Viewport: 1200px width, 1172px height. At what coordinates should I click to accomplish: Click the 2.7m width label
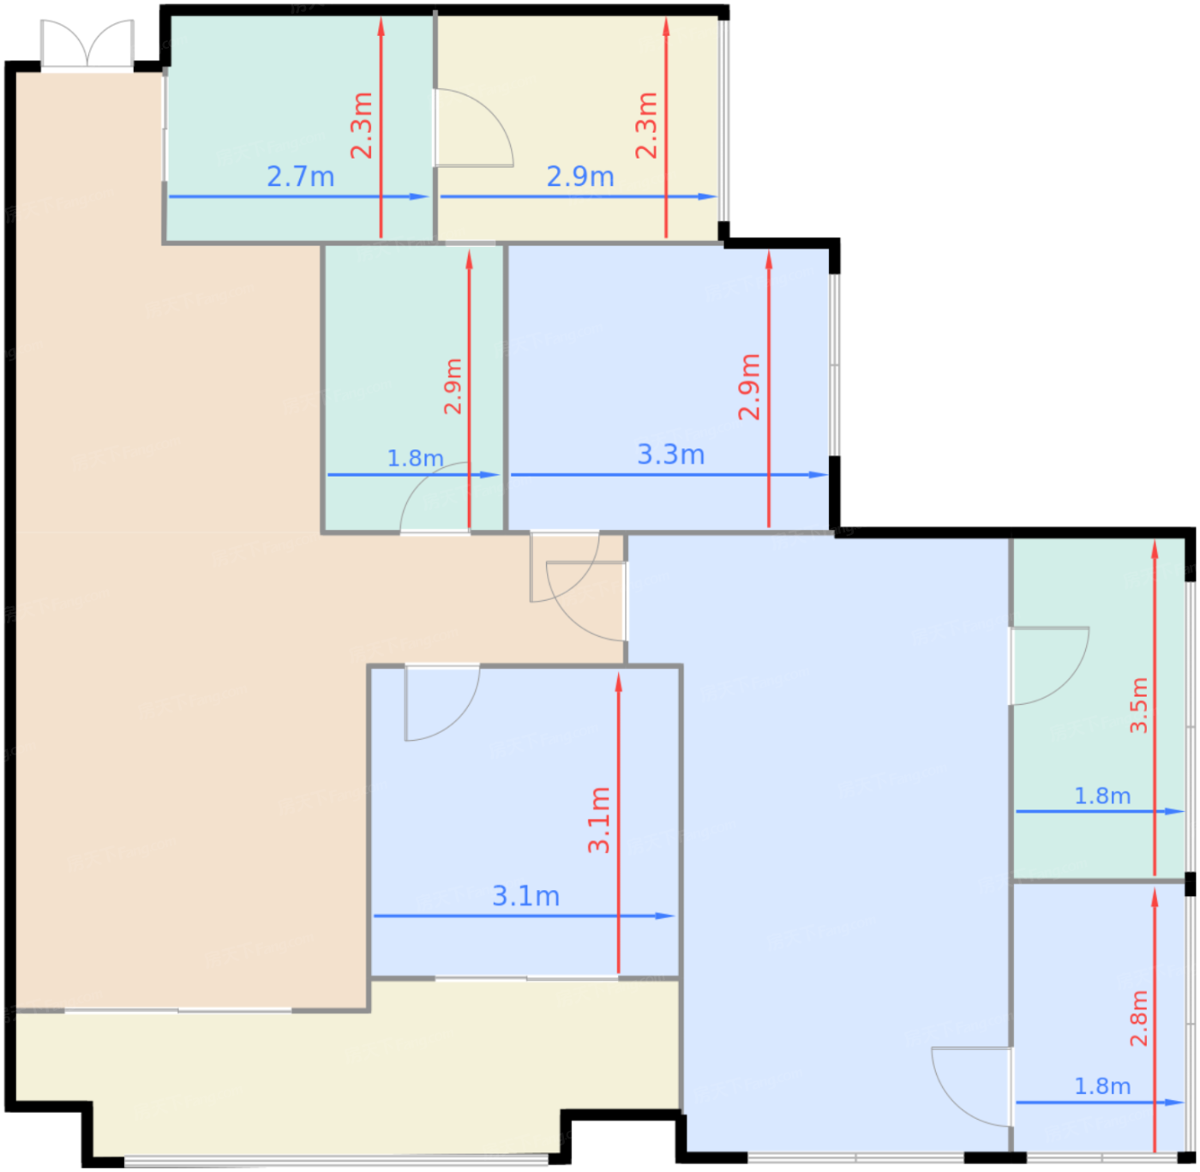pos(300,177)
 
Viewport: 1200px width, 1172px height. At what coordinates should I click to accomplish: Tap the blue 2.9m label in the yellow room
pos(580,177)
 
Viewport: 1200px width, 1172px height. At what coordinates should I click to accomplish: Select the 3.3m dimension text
pos(670,454)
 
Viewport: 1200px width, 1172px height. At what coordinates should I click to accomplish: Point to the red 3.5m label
pos(1138,705)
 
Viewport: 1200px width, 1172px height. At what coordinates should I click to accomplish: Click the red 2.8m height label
pos(1138,1019)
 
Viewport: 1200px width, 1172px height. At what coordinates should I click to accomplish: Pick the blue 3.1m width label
pos(525,896)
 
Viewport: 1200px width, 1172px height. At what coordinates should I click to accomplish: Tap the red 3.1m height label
pos(599,820)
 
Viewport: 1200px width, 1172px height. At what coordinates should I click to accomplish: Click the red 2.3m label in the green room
pos(362,125)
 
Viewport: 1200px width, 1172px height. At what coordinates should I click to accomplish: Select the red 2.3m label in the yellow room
pos(646,125)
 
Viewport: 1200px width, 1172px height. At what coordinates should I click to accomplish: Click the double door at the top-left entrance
pos(87,43)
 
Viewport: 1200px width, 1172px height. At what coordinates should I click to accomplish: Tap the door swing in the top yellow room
pos(474,128)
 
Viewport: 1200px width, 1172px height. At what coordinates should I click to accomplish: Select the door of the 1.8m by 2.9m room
pos(435,497)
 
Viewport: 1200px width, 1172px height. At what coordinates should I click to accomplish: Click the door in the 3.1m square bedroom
pos(442,702)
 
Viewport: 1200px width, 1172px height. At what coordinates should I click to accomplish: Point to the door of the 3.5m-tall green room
pos(1049,665)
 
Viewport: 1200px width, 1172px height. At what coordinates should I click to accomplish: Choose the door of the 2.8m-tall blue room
pos(972,1087)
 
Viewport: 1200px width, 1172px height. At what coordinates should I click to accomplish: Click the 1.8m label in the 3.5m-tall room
pos(1102,796)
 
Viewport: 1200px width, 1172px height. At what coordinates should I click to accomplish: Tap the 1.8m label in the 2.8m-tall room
pos(1102,1086)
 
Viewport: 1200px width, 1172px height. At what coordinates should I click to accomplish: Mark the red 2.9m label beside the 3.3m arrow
pos(749,387)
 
